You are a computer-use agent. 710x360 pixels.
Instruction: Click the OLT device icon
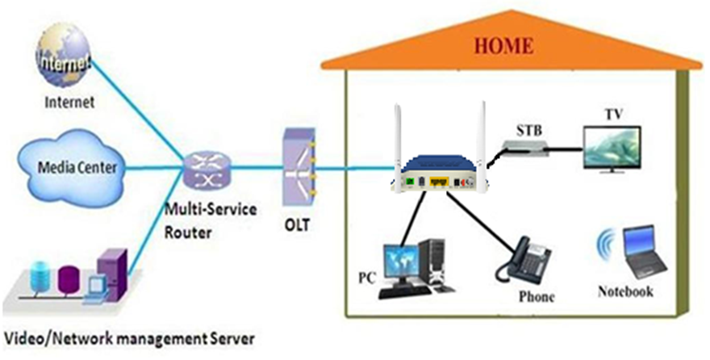(299, 166)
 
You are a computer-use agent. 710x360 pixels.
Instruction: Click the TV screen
(612, 147)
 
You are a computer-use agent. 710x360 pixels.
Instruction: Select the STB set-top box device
(524, 146)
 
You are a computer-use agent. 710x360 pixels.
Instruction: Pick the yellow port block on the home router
(438, 182)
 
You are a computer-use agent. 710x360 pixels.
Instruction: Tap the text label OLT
(297, 224)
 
